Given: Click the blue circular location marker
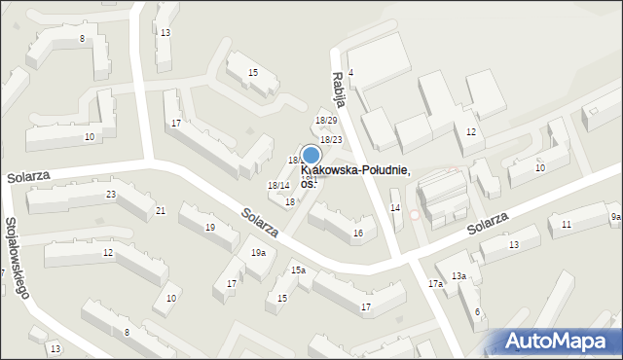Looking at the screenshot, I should pos(311,155).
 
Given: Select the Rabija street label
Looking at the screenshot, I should pos(338,90).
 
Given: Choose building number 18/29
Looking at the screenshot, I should pos(326,120).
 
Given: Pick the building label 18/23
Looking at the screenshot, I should pos(331,140).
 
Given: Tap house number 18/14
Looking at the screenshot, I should pos(278,185).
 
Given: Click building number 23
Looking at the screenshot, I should pos(111,195).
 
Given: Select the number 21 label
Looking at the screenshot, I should pos(161,210).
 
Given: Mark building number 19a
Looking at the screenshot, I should pos(258,253).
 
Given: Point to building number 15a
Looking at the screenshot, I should pos(298,270).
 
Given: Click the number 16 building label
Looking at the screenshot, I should pos(358,234).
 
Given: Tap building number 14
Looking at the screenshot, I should pos(395,207).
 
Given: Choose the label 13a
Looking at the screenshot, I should pos(458,276).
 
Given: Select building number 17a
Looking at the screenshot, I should pos(435,284).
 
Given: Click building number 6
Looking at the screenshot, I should pos(477,311).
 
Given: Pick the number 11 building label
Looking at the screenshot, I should pos(566,225).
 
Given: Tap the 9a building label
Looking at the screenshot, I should pos(615,216).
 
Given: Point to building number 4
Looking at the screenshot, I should pos(350,73).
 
